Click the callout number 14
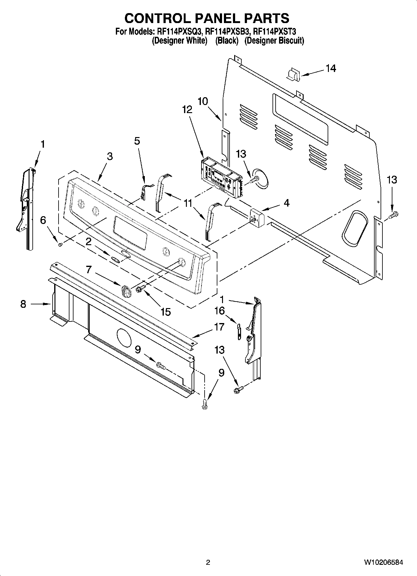point(331,68)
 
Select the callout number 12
point(187,109)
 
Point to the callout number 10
point(203,101)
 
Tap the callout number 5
point(137,141)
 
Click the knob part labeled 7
point(126,292)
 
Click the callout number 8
point(23,304)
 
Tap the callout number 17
point(219,327)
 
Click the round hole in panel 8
point(124,337)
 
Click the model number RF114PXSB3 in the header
point(227,31)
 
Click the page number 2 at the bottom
point(208,562)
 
